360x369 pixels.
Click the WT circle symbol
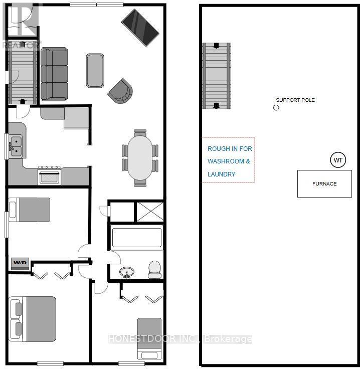[x=338, y=160]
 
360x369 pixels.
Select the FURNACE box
[x=324, y=183]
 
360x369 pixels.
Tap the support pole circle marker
[x=276, y=107]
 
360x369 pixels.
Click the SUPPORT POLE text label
[x=295, y=100]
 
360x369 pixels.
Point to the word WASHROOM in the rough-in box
[x=229, y=161]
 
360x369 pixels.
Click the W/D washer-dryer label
[x=20, y=262]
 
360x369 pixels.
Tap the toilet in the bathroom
[x=154, y=269]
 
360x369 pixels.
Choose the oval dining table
[x=140, y=157]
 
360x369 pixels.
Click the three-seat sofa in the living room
[x=54, y=74]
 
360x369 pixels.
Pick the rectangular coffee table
[x=95, y=70]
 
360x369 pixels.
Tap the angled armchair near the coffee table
[x=120, y=91]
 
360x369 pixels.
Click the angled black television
[x=140, y=27]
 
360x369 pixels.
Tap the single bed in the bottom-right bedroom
[x=149, y=338]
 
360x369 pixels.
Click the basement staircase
[x=217, y=76]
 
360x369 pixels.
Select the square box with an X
[x=149, y=211]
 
